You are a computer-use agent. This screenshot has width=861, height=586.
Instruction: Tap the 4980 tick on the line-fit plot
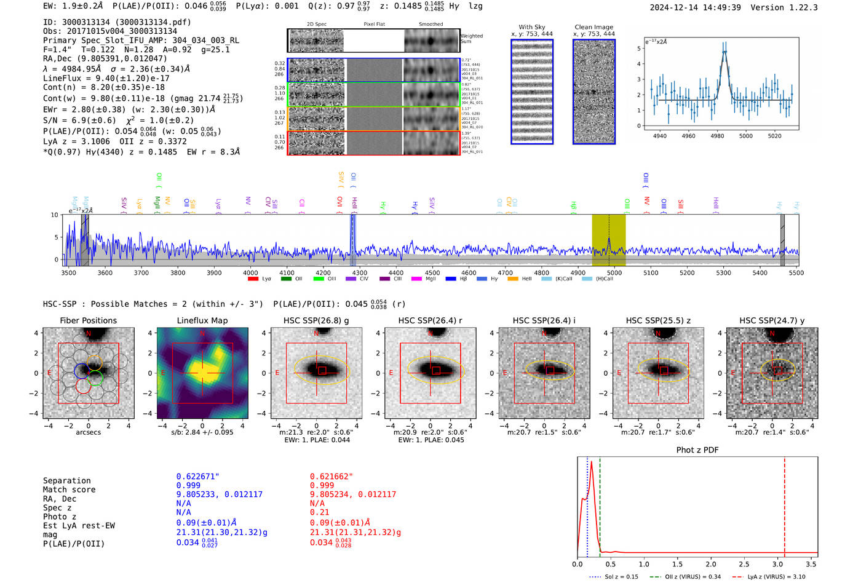tap(717, 136)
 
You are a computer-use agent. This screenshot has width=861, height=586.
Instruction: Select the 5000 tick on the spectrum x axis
tap(614, 272)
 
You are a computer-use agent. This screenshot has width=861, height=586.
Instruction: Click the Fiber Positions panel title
tap(88, 320)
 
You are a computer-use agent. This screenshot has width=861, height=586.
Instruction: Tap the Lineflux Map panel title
tap(202, 320)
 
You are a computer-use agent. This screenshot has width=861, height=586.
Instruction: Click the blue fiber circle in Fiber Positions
tap(82, 371)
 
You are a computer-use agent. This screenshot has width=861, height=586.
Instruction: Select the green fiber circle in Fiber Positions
tap(95, 378)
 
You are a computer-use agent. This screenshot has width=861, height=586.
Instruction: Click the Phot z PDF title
tap(697, 450)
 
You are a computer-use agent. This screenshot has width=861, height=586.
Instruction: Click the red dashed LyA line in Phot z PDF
tap(784, 504)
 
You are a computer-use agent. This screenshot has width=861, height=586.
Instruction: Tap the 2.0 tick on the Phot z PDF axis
tap(710, 564)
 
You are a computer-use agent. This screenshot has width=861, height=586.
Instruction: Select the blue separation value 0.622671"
tap(197, 477)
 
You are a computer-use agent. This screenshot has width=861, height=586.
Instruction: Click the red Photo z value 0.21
tap(319, 512)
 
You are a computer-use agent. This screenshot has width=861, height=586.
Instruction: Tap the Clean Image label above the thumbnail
tap(593, 27)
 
